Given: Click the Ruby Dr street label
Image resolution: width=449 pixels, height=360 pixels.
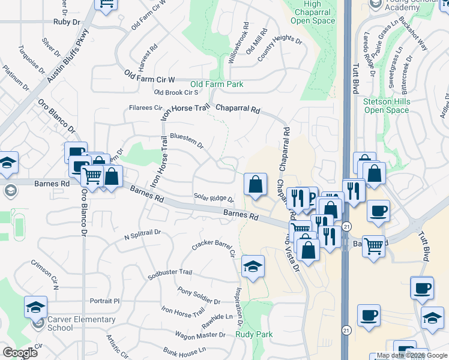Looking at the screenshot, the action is (66, 22).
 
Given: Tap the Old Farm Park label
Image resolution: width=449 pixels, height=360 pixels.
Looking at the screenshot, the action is (217, 85).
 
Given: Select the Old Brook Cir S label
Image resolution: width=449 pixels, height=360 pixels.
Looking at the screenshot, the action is (176, 92).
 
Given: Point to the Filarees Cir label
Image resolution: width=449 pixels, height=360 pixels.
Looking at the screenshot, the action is (146, 108).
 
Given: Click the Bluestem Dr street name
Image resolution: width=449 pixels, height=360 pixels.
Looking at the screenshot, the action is (187, 140).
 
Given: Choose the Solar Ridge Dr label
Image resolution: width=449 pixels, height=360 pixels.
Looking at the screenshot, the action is (213, 198).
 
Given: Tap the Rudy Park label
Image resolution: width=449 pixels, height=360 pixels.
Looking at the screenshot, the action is (254, 334).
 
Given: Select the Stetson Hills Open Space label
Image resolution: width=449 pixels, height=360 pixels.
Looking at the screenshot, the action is (386, 106).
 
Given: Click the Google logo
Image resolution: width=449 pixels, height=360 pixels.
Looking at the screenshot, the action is (20, 353).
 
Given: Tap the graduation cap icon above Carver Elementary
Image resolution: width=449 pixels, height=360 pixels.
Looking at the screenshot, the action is (35, 307).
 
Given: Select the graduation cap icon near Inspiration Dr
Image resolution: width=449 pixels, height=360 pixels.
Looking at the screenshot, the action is (253, 266).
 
